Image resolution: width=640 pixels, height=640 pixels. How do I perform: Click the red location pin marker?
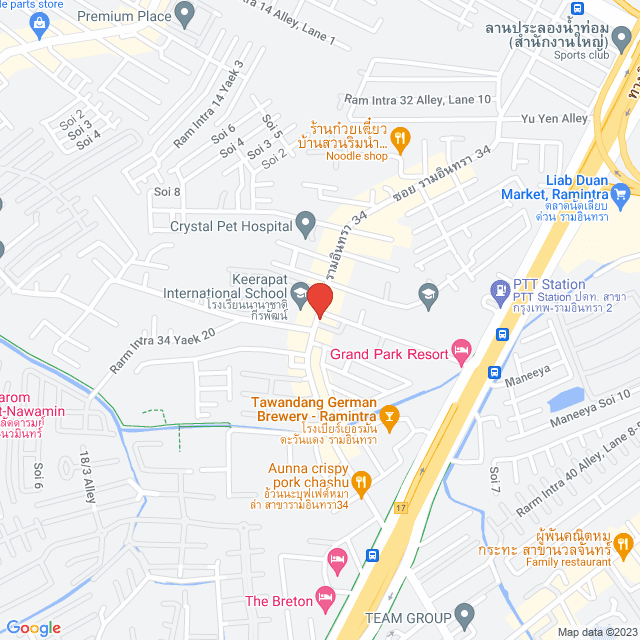click(x=319, y=300)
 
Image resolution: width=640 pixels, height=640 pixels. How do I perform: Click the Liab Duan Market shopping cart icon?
click(x=620, y=191)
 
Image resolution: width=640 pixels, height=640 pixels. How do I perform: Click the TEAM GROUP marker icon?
click(x=463, y=613)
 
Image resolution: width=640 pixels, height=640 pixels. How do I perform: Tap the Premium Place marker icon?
click(x=185, y=14)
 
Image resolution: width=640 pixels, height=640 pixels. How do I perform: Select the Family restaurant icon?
click(x=624, y=544)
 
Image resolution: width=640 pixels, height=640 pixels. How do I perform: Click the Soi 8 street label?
click(x=167, y=192)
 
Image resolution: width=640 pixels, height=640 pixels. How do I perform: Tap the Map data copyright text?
click(x=596, y=632)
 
